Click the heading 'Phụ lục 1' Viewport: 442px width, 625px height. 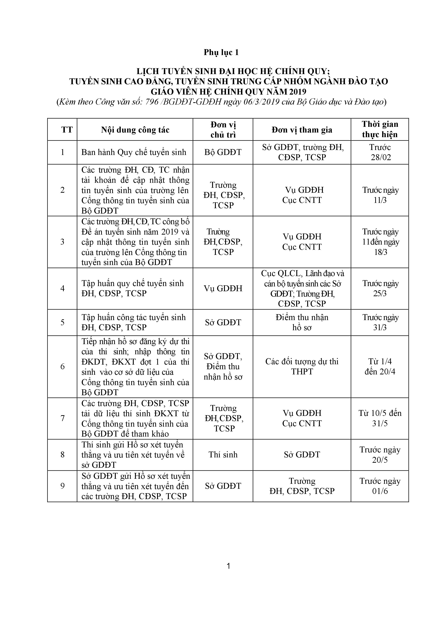click(221, 52)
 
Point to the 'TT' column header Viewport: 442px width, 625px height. click(67, 130)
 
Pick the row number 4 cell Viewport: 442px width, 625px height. click(62, 289)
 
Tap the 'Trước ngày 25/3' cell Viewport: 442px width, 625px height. click(380, 289)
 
